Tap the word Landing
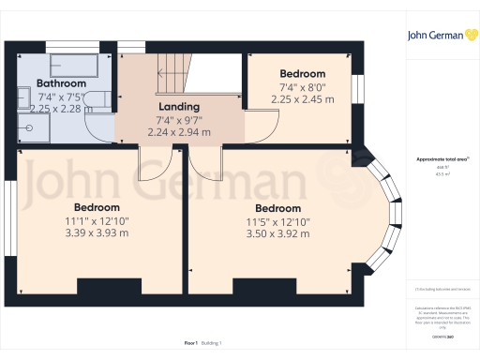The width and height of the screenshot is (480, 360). click(179, 106)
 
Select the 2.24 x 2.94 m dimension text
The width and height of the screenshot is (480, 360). click(179, 132)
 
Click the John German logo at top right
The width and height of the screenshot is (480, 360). click(441, 36)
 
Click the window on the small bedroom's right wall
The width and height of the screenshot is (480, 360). click(356, 86)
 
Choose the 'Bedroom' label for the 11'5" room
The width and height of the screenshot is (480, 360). click(277, 208)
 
